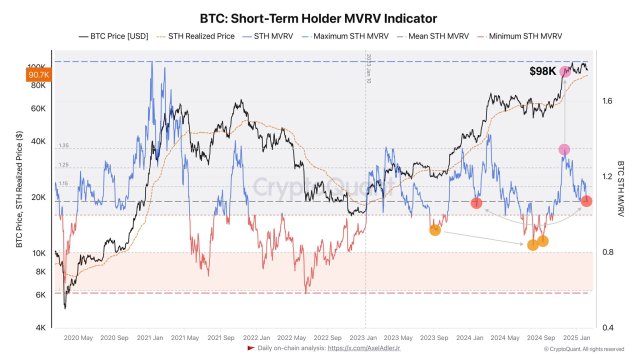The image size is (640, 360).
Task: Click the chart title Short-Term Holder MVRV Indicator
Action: (321, 17)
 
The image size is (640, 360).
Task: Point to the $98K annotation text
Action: (541, 72)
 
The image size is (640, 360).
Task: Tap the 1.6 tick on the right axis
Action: (606, 101)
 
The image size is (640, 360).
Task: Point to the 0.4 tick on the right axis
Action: (606, 327)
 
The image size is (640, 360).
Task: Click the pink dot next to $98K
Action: (565, 72)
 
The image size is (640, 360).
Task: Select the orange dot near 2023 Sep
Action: (435, 231)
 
